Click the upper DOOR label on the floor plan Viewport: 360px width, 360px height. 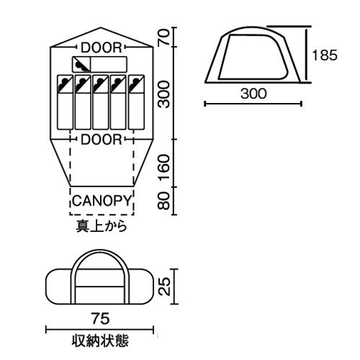coord(101,47)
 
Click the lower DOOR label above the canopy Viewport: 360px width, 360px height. coord(101,139)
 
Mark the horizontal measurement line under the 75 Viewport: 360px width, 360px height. coord(100,329)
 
